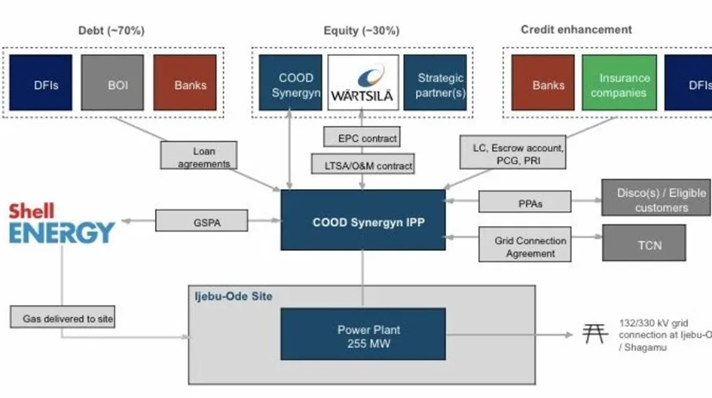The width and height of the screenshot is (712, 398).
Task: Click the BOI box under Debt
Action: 113,83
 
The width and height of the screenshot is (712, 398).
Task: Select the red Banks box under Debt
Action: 185,83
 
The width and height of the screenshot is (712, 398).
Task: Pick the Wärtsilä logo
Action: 363,83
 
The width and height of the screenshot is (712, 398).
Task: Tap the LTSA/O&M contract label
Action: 363,166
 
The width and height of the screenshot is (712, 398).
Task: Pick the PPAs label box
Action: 525,203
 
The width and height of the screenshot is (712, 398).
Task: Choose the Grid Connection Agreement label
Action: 525,247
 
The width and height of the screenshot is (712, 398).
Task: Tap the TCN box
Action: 644,244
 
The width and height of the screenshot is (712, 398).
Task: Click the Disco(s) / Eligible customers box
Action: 654,198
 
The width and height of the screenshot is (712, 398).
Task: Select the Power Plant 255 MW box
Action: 363,336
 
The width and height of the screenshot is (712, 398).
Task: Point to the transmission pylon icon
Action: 593,333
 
